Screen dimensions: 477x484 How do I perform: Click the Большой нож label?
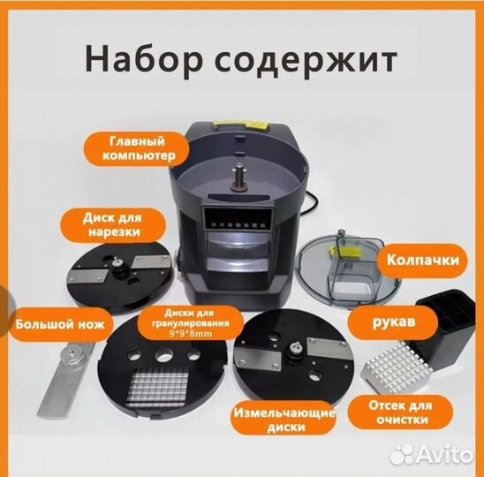[57, 324]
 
